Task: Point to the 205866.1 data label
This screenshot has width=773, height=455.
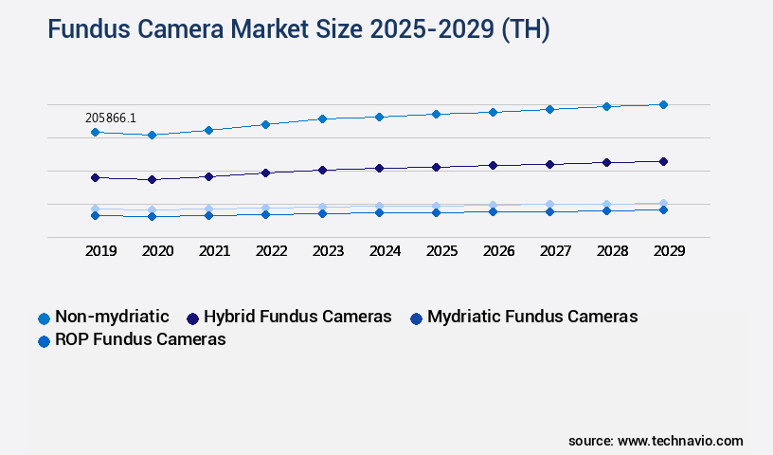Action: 111,118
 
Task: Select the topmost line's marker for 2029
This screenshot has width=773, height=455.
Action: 663,104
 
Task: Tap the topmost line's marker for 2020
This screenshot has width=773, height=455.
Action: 152,135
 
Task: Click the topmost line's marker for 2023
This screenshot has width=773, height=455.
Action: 322,118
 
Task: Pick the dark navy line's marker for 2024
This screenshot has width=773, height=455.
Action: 379,168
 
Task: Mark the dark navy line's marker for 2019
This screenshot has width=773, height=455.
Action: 95,177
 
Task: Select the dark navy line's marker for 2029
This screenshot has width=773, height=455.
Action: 663,161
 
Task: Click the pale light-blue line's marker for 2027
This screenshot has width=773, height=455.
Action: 549,204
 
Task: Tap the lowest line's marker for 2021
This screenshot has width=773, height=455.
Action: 208,215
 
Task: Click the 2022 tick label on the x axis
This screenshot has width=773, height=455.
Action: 271,251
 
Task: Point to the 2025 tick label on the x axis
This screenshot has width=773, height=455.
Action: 441,251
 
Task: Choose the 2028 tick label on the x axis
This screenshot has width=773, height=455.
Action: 612,251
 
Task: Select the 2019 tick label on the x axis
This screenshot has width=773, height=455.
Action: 100,251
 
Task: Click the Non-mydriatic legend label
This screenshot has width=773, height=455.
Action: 112,317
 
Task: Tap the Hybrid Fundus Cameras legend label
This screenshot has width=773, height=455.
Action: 297,317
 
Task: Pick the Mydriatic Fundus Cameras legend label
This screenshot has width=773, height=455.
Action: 532,317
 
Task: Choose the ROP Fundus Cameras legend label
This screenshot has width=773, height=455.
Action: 140,339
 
